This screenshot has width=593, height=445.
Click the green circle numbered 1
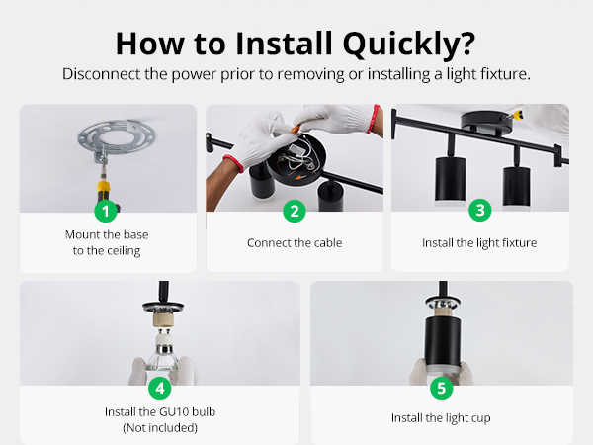click(106, 212)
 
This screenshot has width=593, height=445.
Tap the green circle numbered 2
click(295, 212)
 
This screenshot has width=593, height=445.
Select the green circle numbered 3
click(480, 210)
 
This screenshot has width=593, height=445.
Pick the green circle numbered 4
click(160, 388)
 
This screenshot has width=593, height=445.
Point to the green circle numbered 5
click(442, 388)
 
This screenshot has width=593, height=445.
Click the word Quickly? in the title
click(409, 44)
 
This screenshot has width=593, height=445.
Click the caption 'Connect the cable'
click(295, 242)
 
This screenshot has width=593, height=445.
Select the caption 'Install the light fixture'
click(479, 243)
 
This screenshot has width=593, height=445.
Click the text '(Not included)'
click(160, 427)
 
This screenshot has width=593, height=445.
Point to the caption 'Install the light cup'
click(441, 418)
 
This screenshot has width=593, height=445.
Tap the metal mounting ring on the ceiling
click(117, 137)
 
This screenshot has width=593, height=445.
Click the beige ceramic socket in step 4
click(163, 318)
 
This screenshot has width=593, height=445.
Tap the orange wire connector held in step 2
click(296, 129)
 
